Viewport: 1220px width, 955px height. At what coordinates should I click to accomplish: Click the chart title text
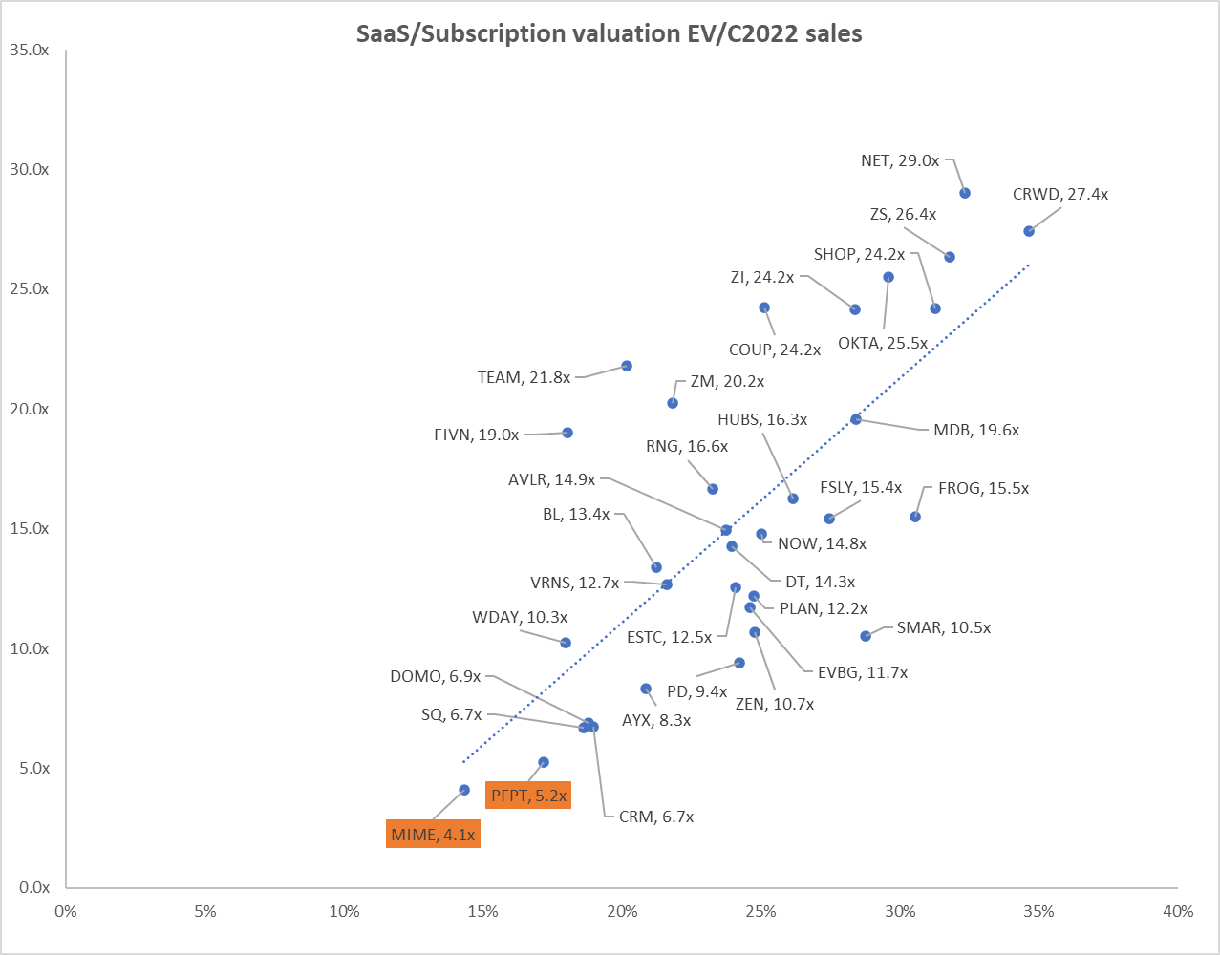609,33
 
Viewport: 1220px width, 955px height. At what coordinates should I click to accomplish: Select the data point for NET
965,193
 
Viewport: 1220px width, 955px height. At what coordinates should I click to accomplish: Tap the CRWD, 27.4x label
1059,194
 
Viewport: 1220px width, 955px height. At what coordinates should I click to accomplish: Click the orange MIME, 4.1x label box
433,835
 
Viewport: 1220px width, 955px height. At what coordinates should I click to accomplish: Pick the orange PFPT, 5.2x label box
528,796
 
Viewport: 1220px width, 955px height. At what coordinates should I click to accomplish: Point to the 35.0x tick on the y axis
29,50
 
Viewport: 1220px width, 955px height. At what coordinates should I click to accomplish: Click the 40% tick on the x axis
1177,911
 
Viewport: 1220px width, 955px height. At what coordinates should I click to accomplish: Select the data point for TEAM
627,366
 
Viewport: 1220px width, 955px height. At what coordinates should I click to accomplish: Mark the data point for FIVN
567,433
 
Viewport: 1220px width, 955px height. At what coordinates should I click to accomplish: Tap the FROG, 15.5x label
983,488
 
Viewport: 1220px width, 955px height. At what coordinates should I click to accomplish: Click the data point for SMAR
866,636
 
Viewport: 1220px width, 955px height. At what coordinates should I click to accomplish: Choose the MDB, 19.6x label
975,430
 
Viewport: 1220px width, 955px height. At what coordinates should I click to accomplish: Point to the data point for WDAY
566,643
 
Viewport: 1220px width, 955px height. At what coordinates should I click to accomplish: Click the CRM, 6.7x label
655,817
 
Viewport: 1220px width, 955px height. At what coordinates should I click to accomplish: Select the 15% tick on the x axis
483,911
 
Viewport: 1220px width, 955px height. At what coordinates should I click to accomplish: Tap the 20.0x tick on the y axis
29,409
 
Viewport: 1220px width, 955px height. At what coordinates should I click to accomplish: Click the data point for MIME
464,790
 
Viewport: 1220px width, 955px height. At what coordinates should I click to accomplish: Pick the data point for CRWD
1029,231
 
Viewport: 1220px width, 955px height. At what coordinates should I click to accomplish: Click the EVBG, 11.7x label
862,672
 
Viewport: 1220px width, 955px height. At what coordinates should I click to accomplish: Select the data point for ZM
673,403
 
